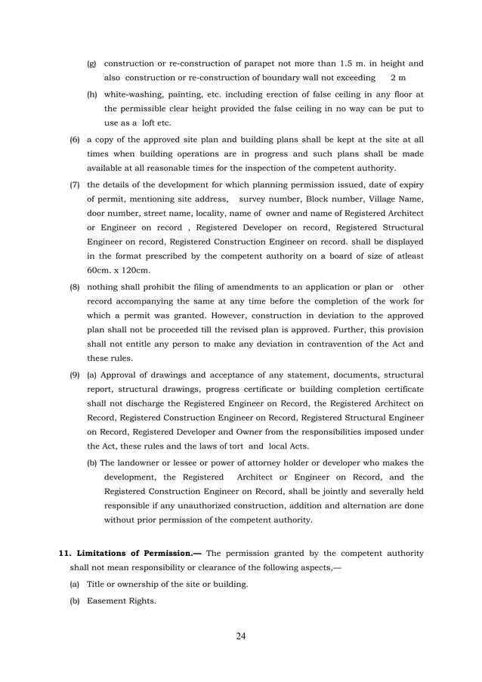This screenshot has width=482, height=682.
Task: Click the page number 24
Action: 241,635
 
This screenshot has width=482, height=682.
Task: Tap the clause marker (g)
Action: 91,63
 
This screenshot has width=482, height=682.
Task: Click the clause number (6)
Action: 75,140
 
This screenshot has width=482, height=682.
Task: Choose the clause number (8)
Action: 75,288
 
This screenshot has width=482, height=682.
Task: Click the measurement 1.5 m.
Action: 347,63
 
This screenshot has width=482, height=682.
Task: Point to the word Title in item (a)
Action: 97,585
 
